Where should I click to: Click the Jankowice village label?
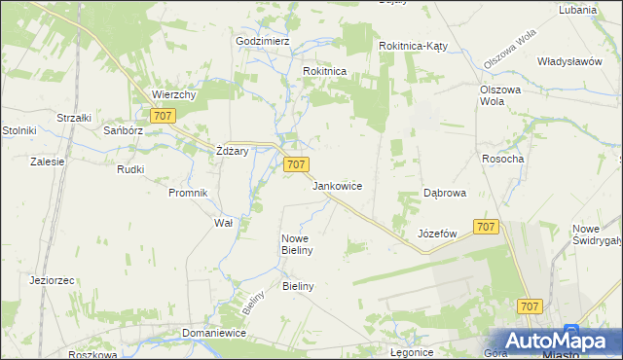[x=338, y=185]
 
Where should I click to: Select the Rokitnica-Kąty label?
[x=413, y=46]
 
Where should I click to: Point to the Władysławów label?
[x=569, y=60]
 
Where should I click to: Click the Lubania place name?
[x=577, y=10]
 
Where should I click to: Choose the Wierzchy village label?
[x=174, y=94]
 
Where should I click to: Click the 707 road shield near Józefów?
[x=487, y=227]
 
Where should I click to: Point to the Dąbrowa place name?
[x=444, y=193]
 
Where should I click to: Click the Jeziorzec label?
[x=53, y=280]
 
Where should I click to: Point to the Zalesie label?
[x=47, y=162]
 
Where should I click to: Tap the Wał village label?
[x=223, y=222]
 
